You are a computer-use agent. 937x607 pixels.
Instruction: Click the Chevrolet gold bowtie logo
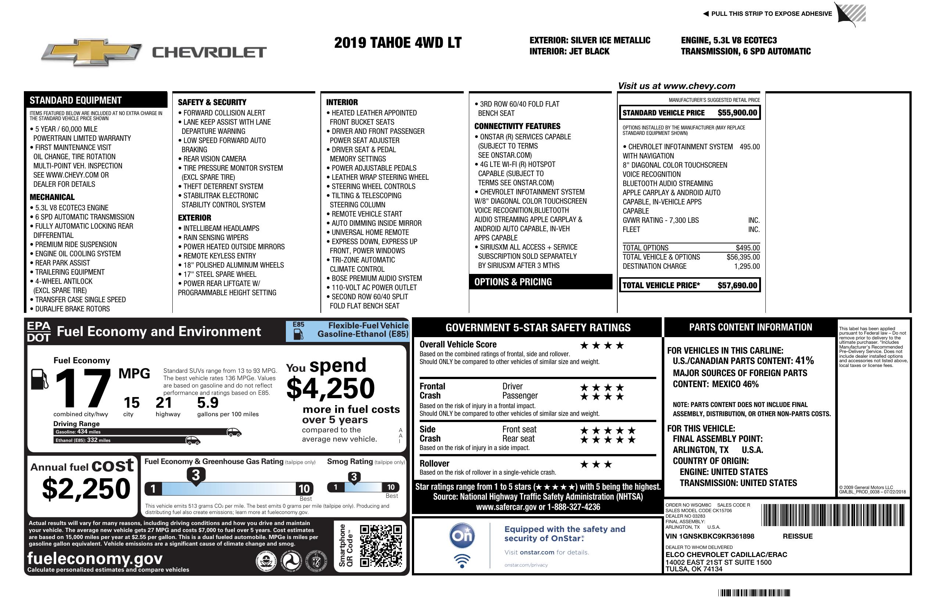(x=91, y=52)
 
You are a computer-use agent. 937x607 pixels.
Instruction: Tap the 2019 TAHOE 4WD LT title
(x=398, y=43)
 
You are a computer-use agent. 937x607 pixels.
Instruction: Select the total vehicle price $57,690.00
(x=737, y=286)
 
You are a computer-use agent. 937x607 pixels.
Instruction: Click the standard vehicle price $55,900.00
(x=737, y=113)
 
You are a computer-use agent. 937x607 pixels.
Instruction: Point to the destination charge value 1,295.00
(x=746, y=266)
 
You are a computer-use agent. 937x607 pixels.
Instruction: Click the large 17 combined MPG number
(x=83, y=389)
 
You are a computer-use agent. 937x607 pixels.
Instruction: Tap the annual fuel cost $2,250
(x=86, y=489)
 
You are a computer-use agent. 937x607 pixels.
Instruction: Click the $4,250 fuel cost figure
(x=331, y=388)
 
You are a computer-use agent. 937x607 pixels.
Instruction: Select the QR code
(x=381, y=546)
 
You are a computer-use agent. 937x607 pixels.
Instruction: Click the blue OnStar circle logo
(x=462, y=536)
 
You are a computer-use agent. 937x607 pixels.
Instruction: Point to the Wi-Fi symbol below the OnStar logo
(x=462, y=561)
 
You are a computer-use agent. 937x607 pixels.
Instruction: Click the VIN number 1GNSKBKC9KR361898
(x=710, y=536)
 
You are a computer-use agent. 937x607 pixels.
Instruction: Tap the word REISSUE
(x=798, y=536)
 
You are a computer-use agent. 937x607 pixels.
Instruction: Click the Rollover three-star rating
(x=596, y=465)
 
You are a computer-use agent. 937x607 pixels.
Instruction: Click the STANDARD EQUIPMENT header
(x=76, y=100)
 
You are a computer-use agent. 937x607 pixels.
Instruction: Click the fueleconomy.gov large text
(x=95, y=558)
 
